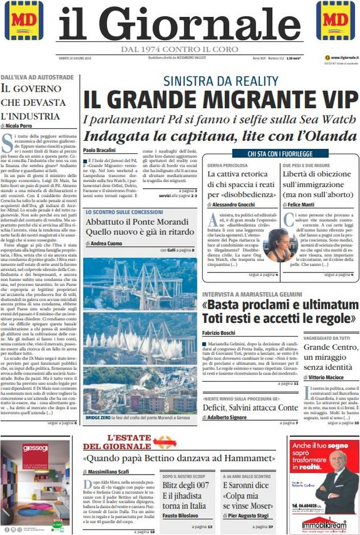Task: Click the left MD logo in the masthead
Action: [x=23, y=20]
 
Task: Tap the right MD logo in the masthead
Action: [x=336, y=20]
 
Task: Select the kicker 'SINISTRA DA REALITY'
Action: [x=220, y=82]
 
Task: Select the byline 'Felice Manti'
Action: [x=305, y=205]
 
